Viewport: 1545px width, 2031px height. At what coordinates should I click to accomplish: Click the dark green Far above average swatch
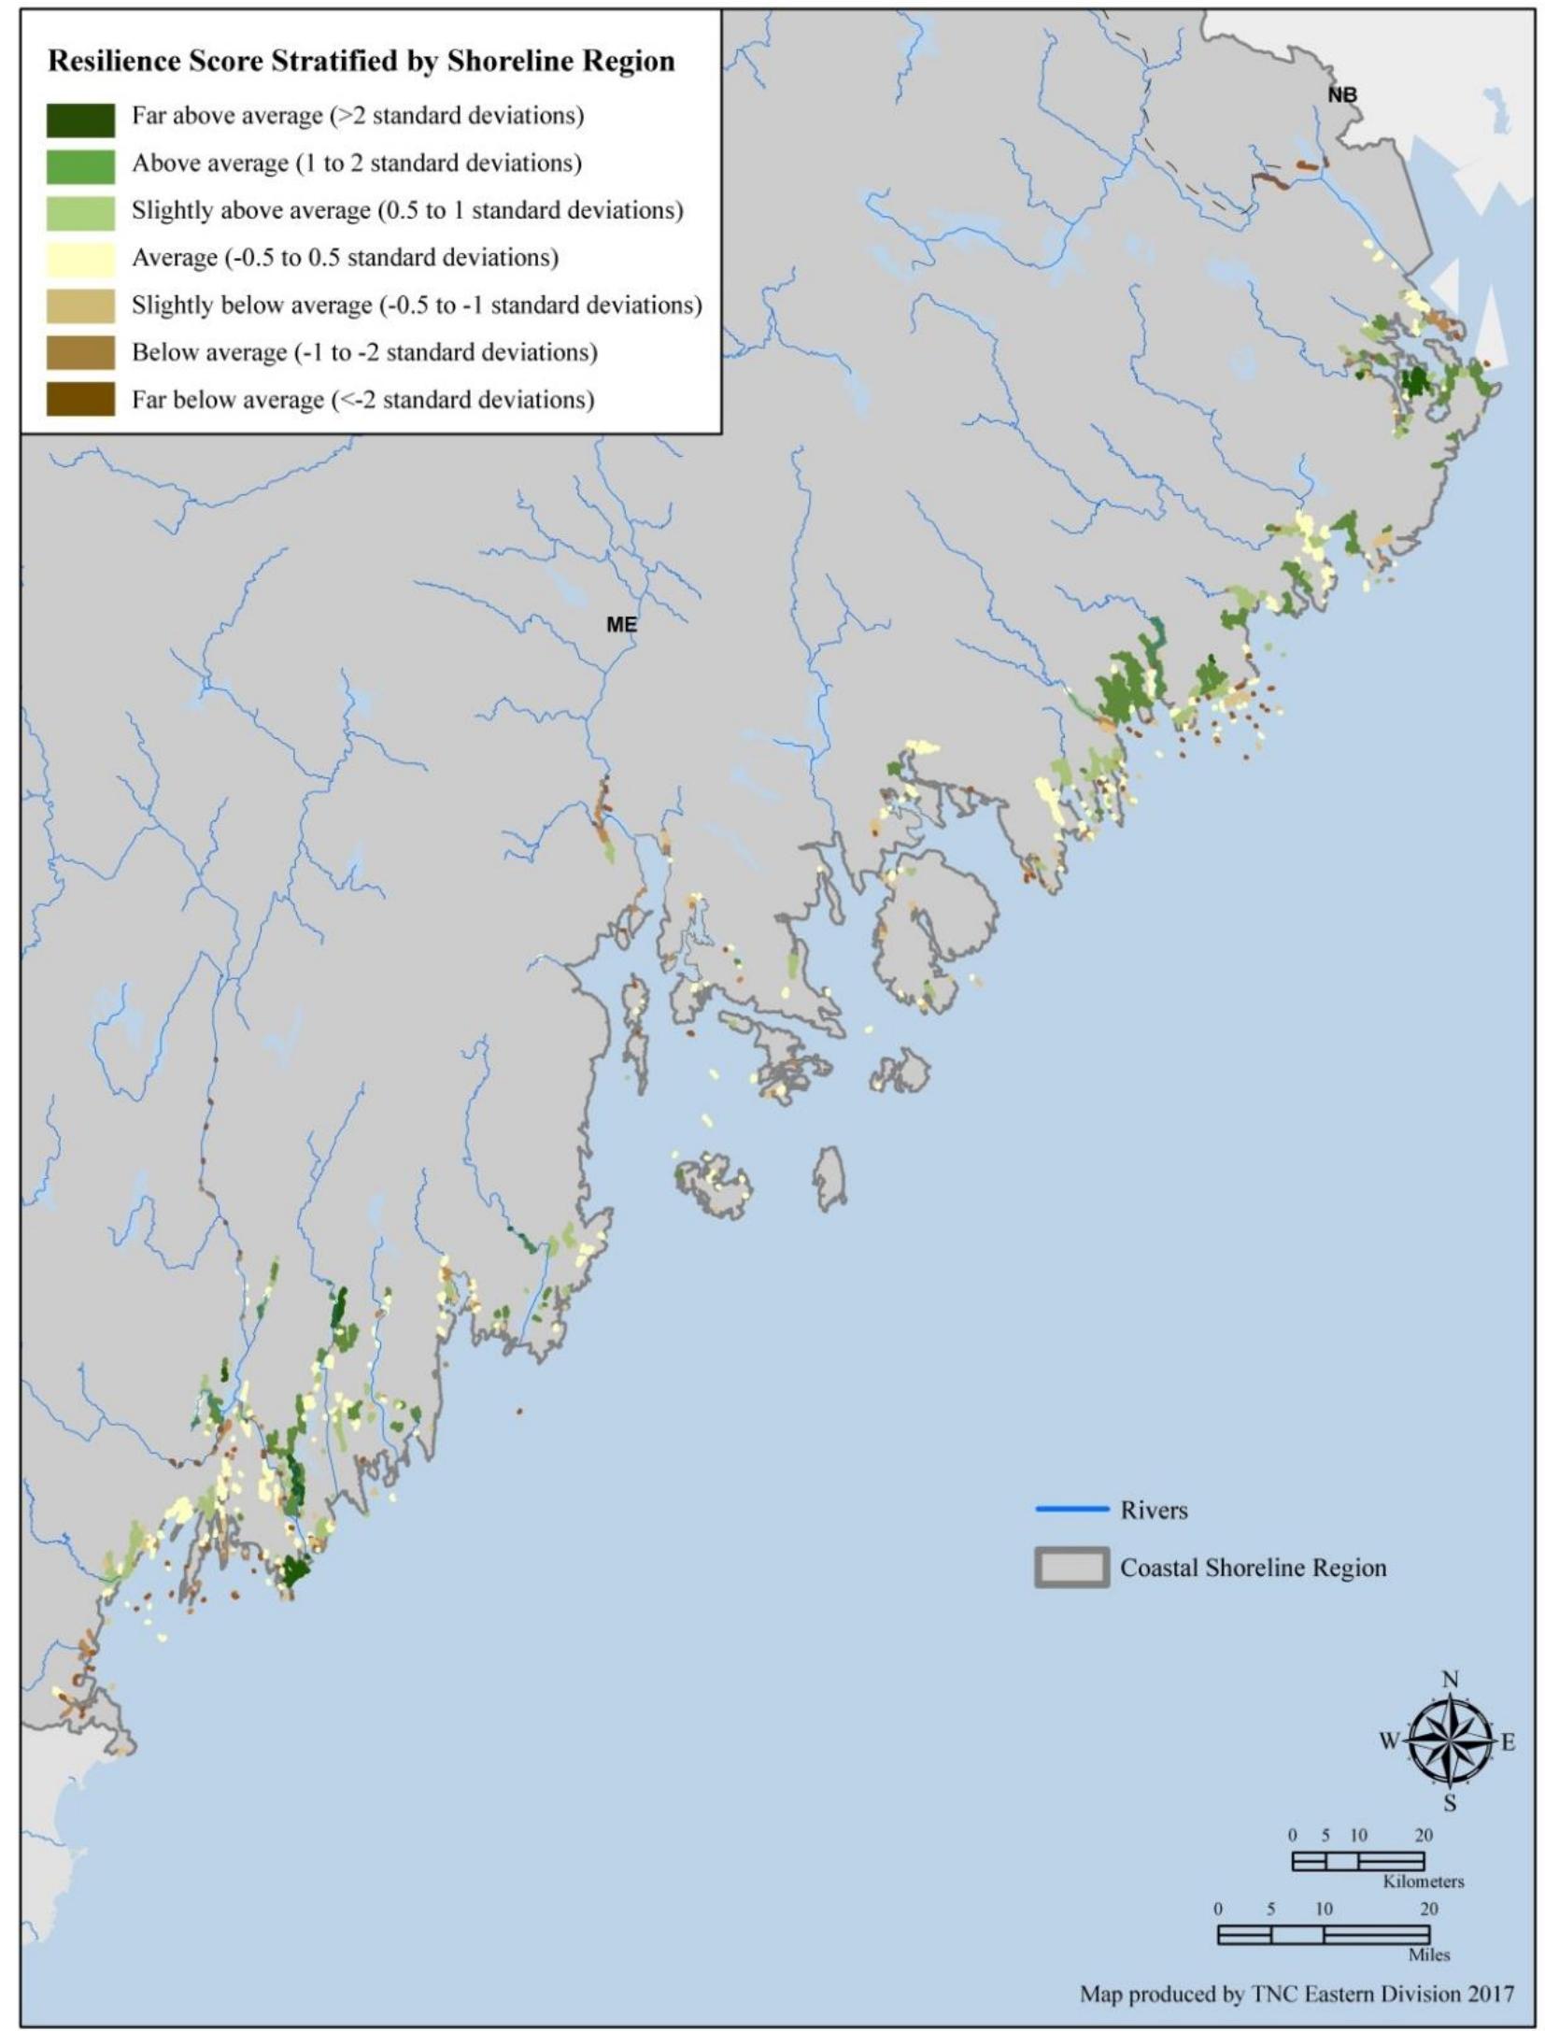(x=80, y=119)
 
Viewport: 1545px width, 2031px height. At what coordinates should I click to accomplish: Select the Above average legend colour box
(x=80, y=165)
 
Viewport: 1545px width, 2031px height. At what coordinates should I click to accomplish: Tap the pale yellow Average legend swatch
(x=80, y=259)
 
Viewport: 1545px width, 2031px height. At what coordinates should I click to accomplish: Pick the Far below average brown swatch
(x=80, y=400)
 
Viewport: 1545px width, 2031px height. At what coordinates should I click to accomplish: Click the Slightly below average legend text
(x=416, y=305)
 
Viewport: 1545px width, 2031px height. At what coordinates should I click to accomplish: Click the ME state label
(x=621, y=624)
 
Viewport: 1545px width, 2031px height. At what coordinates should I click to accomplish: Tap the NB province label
(x=1341, y=94)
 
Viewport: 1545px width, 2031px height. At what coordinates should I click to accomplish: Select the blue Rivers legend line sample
(x=1071, y=1509)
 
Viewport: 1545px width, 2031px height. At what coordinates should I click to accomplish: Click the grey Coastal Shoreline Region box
(x=1071, y=1567)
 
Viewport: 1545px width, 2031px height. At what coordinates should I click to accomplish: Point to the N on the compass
(x=1450, y=1680)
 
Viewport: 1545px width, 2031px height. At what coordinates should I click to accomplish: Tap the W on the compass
(x=1389, y=1741)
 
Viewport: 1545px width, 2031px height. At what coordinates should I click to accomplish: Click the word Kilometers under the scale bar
(x=1423, y=1882)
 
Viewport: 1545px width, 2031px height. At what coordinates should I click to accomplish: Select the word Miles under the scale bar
(x=1428, y=1954)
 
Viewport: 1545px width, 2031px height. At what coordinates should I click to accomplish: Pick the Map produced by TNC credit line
(x=1296, y=1994)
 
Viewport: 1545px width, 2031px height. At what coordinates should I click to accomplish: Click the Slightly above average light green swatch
(x=80, y=212)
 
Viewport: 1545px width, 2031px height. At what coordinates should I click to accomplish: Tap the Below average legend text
(x=363, y=352)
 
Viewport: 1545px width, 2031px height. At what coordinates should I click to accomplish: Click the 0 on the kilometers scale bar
(x=1293, y=1836)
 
